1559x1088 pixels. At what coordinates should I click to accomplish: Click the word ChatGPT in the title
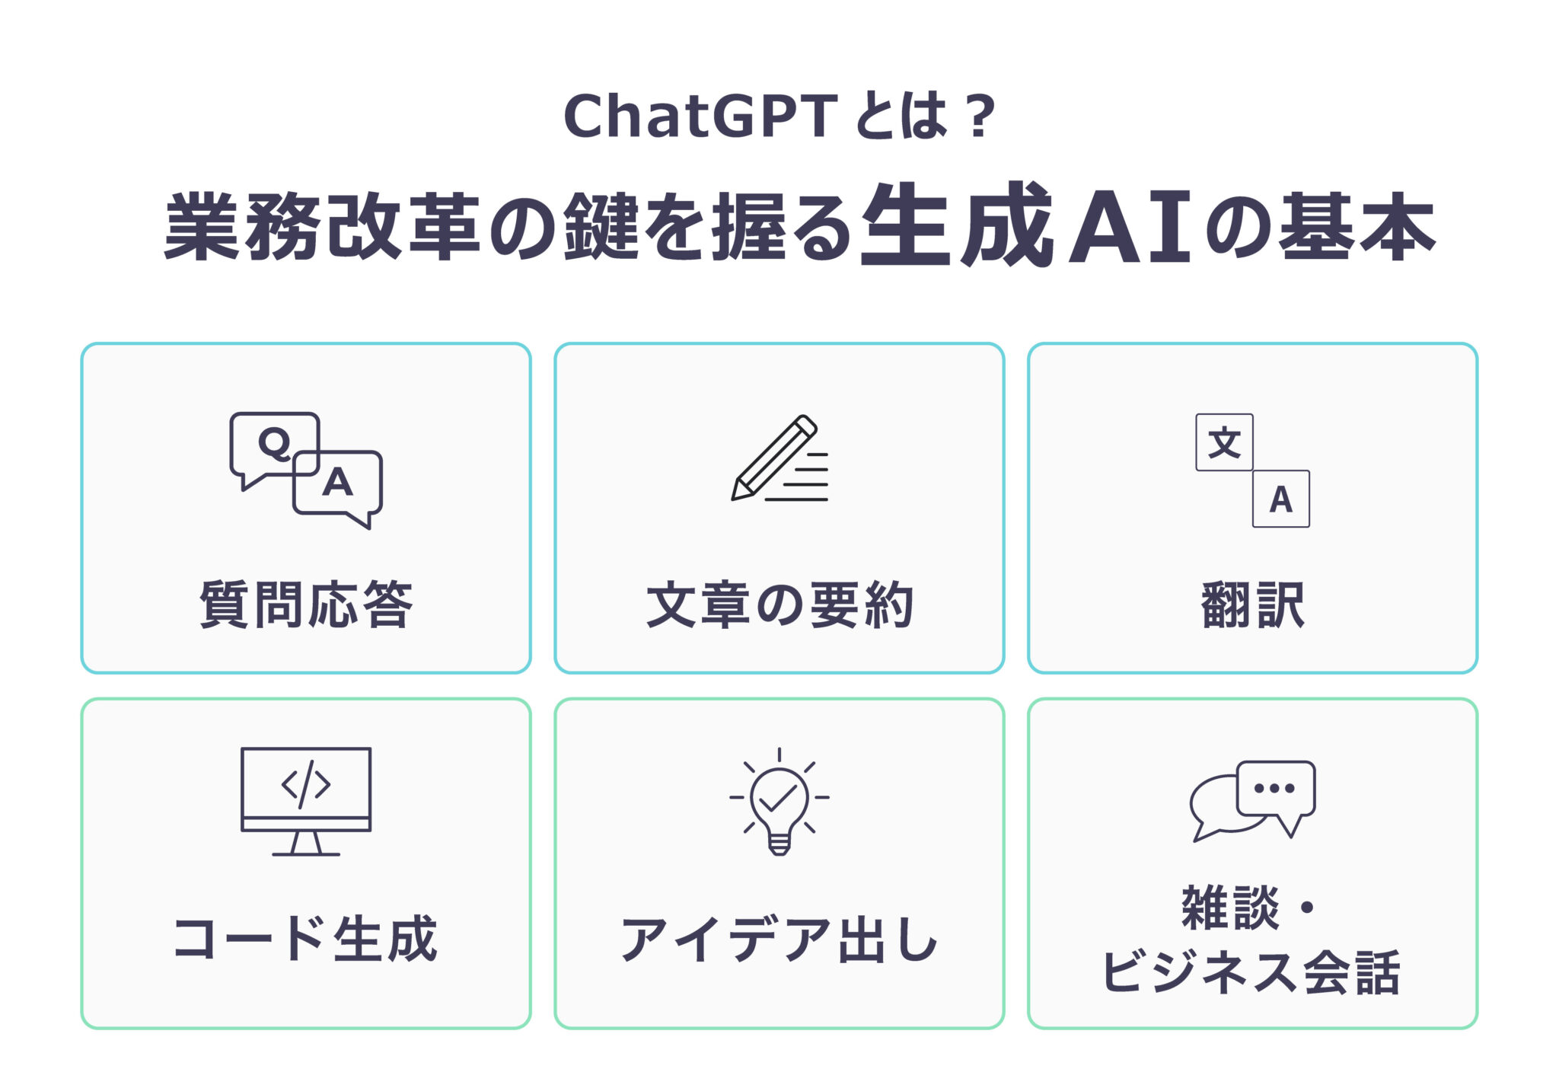(700, 116)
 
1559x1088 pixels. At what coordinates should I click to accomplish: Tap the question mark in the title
(979, 116)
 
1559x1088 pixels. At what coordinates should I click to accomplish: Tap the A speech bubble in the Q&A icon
(338, 484)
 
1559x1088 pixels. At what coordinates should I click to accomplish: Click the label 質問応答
(306, 605)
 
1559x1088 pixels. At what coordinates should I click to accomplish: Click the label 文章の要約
(779, 605)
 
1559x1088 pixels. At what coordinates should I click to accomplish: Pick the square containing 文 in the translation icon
(1224, 442)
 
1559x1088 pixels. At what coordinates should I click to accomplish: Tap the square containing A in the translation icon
(1281, 499)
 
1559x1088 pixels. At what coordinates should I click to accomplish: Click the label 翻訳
(1253, 605)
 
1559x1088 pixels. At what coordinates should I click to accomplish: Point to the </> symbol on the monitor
(306, 784)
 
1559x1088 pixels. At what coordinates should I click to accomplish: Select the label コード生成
(306, 938)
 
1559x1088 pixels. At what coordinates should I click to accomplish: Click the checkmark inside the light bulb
(778, 797)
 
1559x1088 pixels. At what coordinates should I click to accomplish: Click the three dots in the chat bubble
(1274, 788)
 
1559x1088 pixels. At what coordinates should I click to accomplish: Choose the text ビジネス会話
(1251, 972)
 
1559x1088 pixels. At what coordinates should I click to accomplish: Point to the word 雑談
(1230, 908)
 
